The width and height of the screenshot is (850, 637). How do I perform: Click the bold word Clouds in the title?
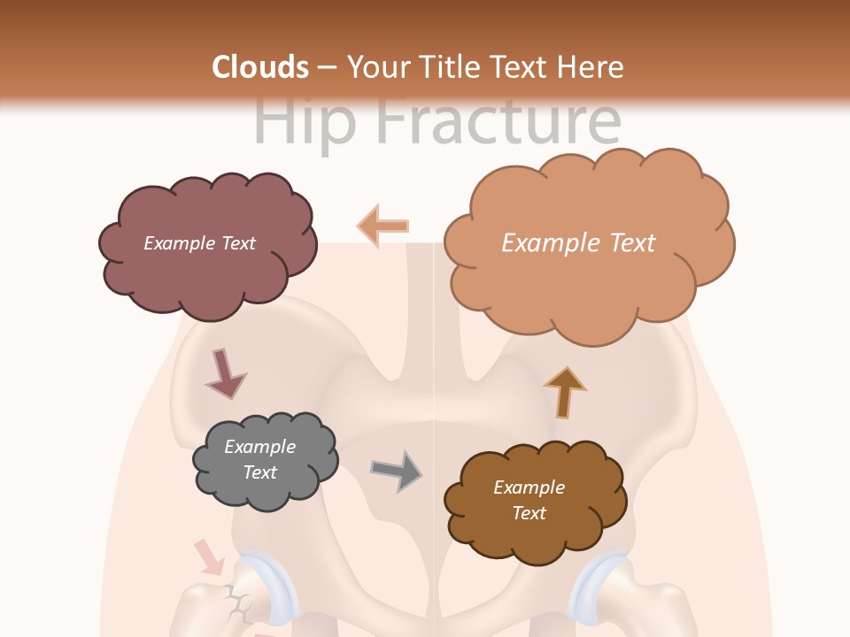click(260, 67)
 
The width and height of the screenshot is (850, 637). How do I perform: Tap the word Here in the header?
click(592, 67)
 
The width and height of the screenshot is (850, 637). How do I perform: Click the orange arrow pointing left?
click(382, 226)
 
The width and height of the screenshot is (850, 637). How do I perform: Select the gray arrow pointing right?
click(398, 470)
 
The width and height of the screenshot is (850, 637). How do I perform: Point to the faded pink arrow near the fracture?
click(209, 556)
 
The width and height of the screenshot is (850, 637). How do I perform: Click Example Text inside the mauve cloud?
click(199, 243)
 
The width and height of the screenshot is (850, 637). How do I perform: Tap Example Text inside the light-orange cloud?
click(578, 242)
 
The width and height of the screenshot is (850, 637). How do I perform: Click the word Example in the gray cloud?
click(259, 447)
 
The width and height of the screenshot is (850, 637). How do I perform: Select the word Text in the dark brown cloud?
click(529, 513)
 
